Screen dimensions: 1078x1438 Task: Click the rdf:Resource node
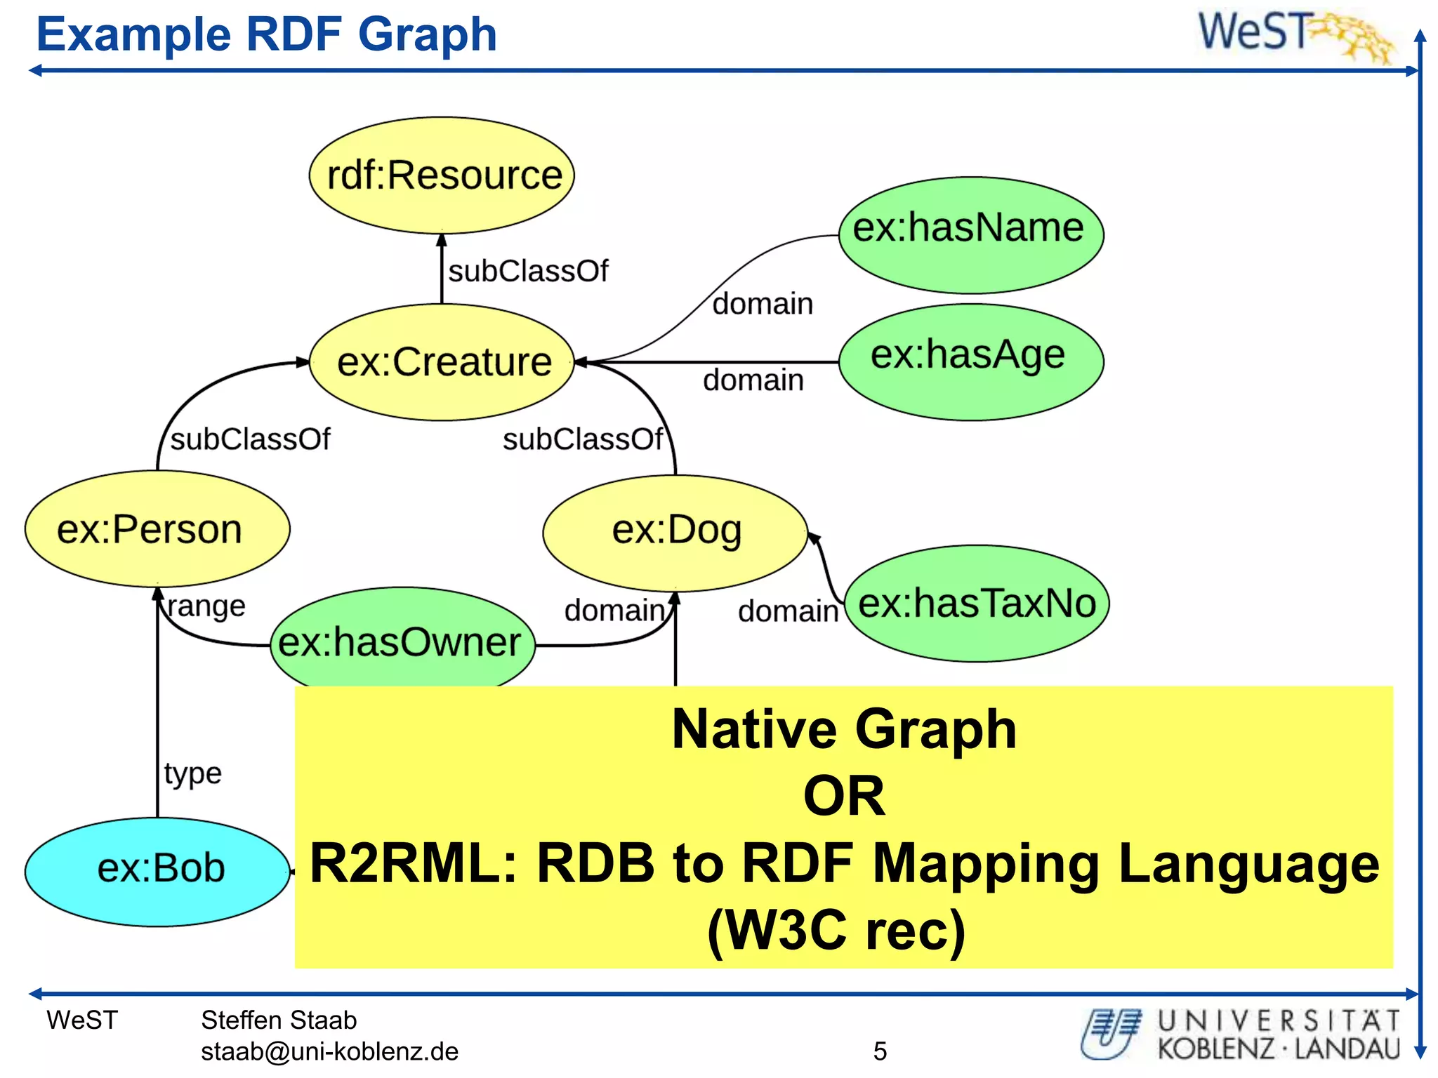pyautogui.click(x=442, y=175)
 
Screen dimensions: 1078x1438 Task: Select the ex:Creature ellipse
pyautogui.click(x=442, y=362)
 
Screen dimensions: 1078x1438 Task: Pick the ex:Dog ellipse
pyautogui.click(x=675, y=532)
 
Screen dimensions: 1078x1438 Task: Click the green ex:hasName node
pyautogui.click(x=971, y=234)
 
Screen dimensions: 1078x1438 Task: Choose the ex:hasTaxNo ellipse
pyautogui.click(x=977, y=603)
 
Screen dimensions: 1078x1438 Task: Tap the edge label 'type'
pyautogui.click(x=193, y=773)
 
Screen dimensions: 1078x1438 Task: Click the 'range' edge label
pyautogui.click(x=207, y=606)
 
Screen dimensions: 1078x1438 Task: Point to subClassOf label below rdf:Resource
pyautogui.click(x=528, y=271)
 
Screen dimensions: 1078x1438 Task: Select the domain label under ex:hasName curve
pyautogui.click(x=763, y=304)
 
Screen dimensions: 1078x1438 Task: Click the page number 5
pyautogui.click(x=880, y=1051)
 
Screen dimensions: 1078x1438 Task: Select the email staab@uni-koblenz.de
pyautogui.click(x=329, y=1051)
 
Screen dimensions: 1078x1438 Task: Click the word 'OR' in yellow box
pyautogui.click(x=844, y=796)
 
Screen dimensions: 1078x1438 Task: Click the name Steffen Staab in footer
pyautogui.click(x=279, y=1020)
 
